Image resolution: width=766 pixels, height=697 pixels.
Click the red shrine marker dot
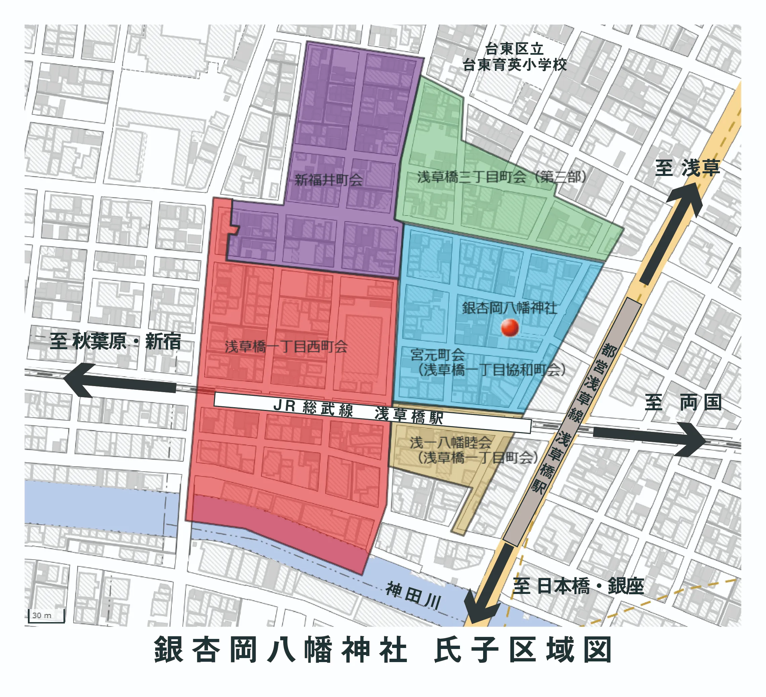(510, 328)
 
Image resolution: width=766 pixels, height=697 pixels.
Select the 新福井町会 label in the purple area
(329, 180)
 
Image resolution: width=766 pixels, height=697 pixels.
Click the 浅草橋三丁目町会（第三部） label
(502, 177)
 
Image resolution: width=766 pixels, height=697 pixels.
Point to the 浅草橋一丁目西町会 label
(286, 346)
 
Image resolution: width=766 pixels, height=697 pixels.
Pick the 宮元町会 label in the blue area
(438, 355)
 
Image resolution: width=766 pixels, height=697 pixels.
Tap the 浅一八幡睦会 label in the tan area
(451, 443)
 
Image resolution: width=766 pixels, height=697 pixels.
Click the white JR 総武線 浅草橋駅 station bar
(372, 412)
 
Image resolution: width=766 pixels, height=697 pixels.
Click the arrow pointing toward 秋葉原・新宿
(118, 381)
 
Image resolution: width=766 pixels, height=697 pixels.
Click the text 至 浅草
(687, 168)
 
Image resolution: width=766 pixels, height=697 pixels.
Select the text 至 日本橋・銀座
(578, 586)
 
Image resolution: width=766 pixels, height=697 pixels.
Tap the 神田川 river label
(413, 595)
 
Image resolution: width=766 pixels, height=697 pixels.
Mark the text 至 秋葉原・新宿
(116, 341)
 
